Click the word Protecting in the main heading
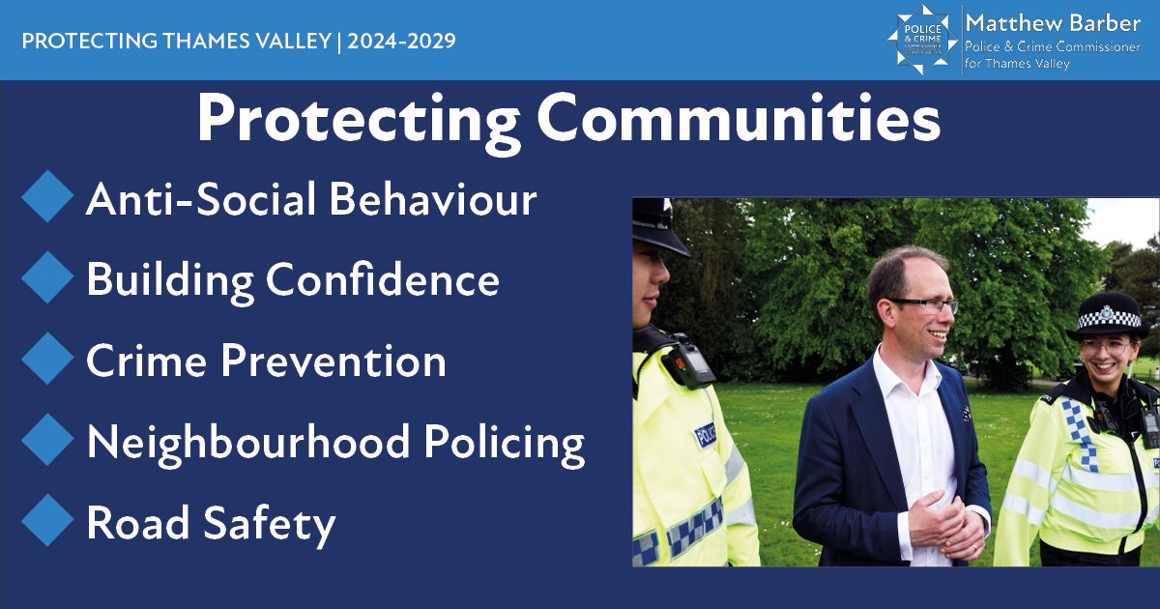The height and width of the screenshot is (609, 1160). [358, 122]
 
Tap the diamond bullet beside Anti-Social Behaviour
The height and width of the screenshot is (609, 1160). [46, 197]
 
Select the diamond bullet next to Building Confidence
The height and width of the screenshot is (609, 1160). [46, 278]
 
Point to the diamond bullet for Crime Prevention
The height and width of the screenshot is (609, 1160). [46, 360]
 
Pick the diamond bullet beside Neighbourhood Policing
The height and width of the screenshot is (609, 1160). [46, 441]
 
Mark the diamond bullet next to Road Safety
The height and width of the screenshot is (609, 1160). [46, 522]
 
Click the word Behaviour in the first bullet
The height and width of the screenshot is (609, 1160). [433, 199]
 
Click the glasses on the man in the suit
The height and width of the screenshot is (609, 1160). [926, 304]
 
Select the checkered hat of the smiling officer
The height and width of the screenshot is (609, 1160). [1108, 316]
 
